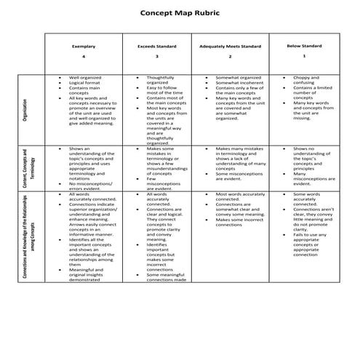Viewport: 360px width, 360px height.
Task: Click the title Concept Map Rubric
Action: point(179,14)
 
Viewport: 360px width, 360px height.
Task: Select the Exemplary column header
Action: point(84,47)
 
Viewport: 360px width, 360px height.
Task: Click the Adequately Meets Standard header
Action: point(230,47)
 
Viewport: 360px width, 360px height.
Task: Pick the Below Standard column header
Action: point(304,45)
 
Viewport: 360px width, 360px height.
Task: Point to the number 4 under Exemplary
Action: point(84,57)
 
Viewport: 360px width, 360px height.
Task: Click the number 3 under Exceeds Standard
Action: point(156,57)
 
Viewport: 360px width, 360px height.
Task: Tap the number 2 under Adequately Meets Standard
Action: point(230,57)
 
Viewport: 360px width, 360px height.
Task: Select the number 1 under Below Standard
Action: point(304,55)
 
